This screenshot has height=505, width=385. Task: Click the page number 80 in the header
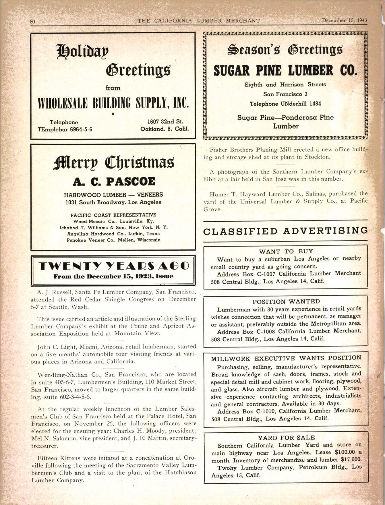click(x=32, y=21)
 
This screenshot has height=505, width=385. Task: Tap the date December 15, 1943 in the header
click(x=344, y=20)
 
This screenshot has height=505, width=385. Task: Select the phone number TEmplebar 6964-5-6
click(x=65, y=129)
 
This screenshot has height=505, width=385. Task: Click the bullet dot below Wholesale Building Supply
click(x=113, y=114)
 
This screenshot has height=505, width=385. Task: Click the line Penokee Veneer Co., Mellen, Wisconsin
click(x=113, y=240)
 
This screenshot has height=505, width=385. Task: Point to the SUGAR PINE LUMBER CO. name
click(x=285, y=70)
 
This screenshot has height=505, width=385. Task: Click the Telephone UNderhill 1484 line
click(x=285, y=104)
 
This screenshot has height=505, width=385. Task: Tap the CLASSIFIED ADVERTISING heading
click(x=285, y=231)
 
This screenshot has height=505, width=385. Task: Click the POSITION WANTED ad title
click(x=286, y=301)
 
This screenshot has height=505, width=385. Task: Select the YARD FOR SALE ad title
click(x=286, y=438)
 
